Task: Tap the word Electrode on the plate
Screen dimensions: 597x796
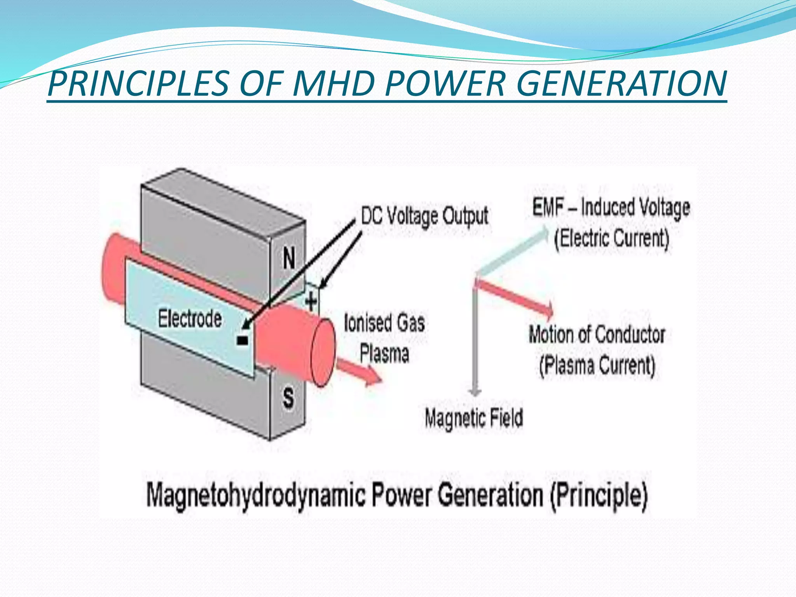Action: click(190, 319)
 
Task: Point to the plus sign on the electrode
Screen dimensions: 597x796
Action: click(311, 301)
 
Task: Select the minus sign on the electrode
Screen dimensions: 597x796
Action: click(242, 341)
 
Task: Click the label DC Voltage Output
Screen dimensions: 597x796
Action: click(424, 216)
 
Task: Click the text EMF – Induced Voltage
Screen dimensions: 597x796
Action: click(611, 208)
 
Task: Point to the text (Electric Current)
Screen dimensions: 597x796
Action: click(611, 238)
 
